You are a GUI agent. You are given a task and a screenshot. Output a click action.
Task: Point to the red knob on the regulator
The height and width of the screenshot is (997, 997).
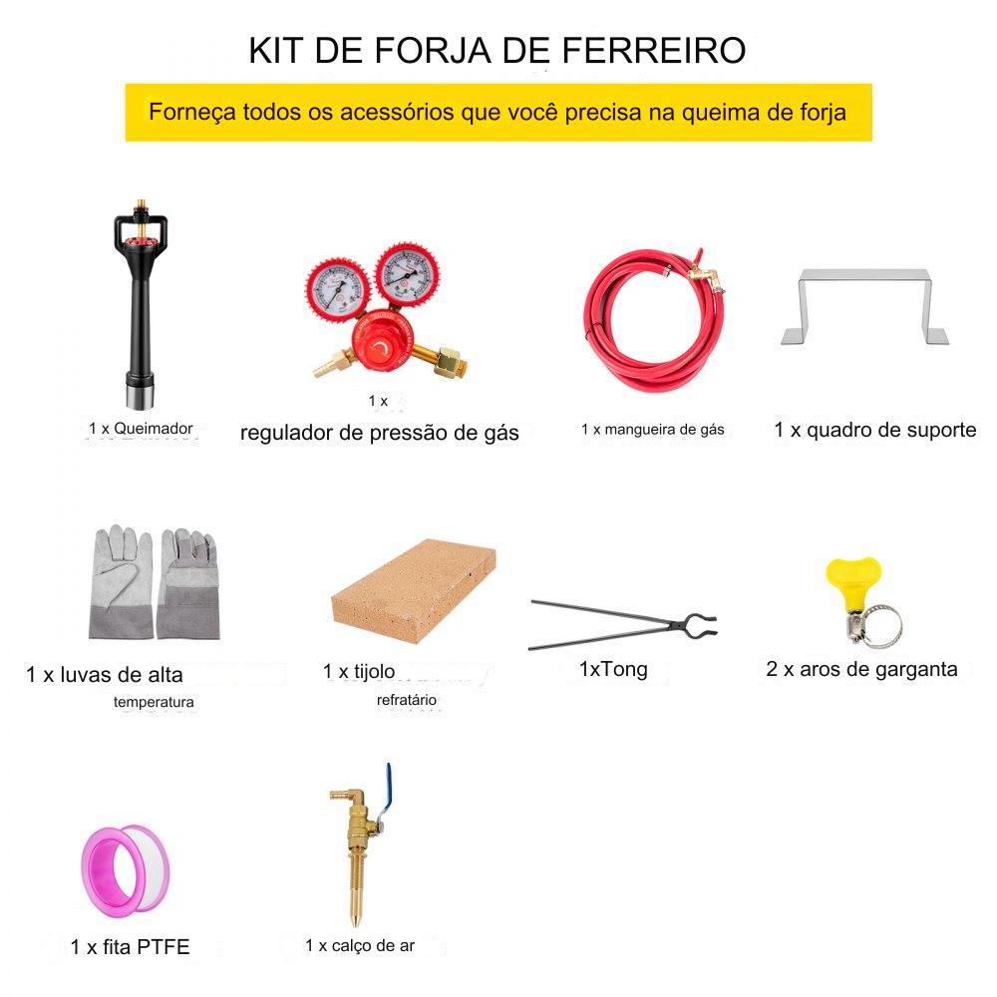(381, 347)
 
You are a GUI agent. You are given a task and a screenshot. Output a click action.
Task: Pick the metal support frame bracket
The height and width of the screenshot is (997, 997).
(864, 306)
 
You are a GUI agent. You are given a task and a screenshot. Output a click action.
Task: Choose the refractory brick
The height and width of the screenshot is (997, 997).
(414, 590)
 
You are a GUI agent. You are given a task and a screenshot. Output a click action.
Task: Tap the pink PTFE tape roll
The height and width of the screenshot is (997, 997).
(126, 870)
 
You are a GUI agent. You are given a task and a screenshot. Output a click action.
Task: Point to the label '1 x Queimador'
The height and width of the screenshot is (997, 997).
(141, 428)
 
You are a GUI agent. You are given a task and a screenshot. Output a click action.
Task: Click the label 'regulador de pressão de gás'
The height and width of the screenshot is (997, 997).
(380, 433)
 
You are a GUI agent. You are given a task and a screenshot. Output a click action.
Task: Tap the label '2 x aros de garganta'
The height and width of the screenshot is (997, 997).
(861, 668)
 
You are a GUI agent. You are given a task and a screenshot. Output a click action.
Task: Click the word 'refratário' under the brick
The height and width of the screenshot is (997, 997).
(407, 700)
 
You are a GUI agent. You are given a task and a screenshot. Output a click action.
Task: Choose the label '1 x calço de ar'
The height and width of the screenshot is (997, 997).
(360, 945)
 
